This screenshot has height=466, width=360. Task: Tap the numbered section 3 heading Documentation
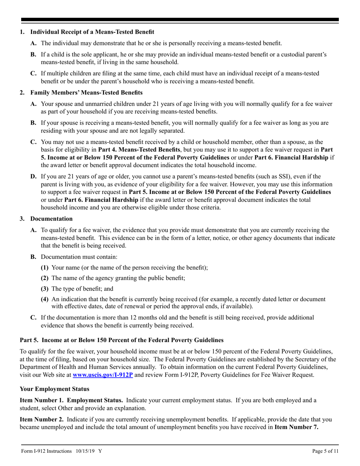pos(51,219)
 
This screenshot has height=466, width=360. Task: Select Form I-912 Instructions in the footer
pos(46,451)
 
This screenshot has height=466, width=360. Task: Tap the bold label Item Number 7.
pos(296,427)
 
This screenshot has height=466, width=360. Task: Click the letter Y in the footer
pos(100,451)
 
